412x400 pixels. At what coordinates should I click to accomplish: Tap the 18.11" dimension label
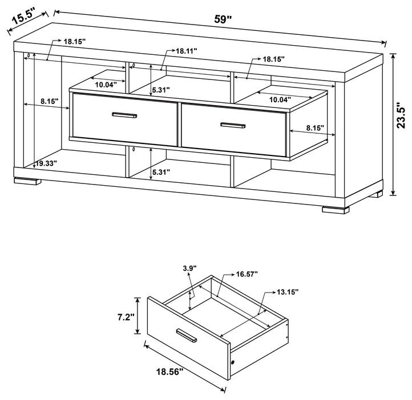186,51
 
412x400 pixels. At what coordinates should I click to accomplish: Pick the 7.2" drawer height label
126,315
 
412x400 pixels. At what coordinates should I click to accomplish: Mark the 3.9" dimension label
190,268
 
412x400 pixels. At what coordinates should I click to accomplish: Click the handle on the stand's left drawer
124,116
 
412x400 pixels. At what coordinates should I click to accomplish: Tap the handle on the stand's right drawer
232,125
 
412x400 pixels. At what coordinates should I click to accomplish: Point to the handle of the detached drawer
187,337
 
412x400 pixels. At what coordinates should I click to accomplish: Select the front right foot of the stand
336,209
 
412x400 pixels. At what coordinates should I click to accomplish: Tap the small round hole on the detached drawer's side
234,363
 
